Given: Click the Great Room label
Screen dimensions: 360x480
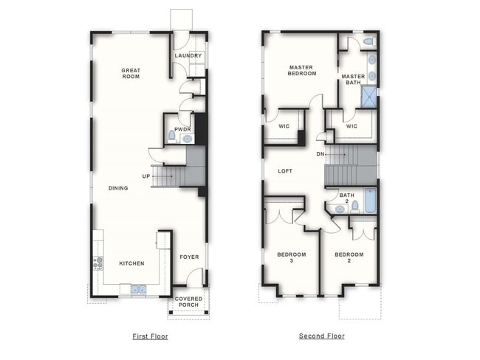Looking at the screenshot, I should (x=131, y=73).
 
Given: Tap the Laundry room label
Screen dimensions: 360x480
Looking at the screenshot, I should (x=188, y=55).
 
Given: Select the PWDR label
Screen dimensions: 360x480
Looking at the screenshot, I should (x=182, y=129).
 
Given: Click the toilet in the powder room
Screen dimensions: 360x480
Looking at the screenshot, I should (x=171, y=136).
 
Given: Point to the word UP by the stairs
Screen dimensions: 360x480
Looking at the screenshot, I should (x=146, y=176).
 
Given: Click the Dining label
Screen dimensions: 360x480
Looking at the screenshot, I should (x=118, y=188).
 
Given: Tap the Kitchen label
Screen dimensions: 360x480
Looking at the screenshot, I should (x=131, y=263).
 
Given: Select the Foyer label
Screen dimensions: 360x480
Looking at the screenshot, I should (x=189, y=257).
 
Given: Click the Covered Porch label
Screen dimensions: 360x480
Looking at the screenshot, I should (x=189, y=302).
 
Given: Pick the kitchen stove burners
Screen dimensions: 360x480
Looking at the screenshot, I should (x=97, y=263).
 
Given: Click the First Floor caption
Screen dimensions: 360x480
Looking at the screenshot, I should (x=150, y=336).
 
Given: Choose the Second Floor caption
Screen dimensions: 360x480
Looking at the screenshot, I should (x=321, y=336).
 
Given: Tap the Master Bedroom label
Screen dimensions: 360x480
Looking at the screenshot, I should (x=302, y=70).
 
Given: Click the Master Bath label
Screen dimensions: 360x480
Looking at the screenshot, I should (x=353, y=79).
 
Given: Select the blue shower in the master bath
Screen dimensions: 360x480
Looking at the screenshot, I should (x=368, y=97).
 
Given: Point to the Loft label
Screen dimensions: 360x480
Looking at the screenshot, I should (x=285, y=171).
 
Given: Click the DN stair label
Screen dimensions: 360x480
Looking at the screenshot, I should (x=320, y=153).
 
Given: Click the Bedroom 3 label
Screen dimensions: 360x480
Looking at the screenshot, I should (x=291, y=257).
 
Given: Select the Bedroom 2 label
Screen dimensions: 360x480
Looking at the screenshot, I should (x=349, y=257).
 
